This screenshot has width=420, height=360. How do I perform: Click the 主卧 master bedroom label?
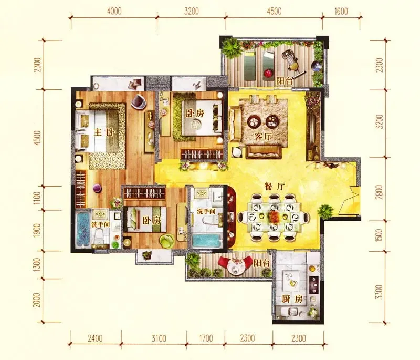pos(104,132)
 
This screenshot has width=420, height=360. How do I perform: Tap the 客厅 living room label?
pos(263,137)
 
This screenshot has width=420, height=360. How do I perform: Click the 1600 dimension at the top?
pos(341,11)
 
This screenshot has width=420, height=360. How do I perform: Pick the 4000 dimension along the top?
pos(114,11)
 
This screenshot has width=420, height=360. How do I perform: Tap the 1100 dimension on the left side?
pos(37,198)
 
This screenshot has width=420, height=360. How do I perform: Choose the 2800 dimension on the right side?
pos(379,192)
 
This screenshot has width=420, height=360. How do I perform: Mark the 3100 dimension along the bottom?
pos(159,338)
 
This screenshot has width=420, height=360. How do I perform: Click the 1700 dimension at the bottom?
pos(206,338)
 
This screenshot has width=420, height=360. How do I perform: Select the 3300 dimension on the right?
pos(379,292)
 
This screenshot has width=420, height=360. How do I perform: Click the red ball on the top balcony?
pos(268,73)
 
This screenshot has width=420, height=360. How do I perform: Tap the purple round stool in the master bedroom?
pos(97,188)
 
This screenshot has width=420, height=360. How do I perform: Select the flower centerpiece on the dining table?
pos(273,215)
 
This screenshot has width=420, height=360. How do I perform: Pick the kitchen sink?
pos(291,312)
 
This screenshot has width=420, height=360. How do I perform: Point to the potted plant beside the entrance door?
pos(325,211)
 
